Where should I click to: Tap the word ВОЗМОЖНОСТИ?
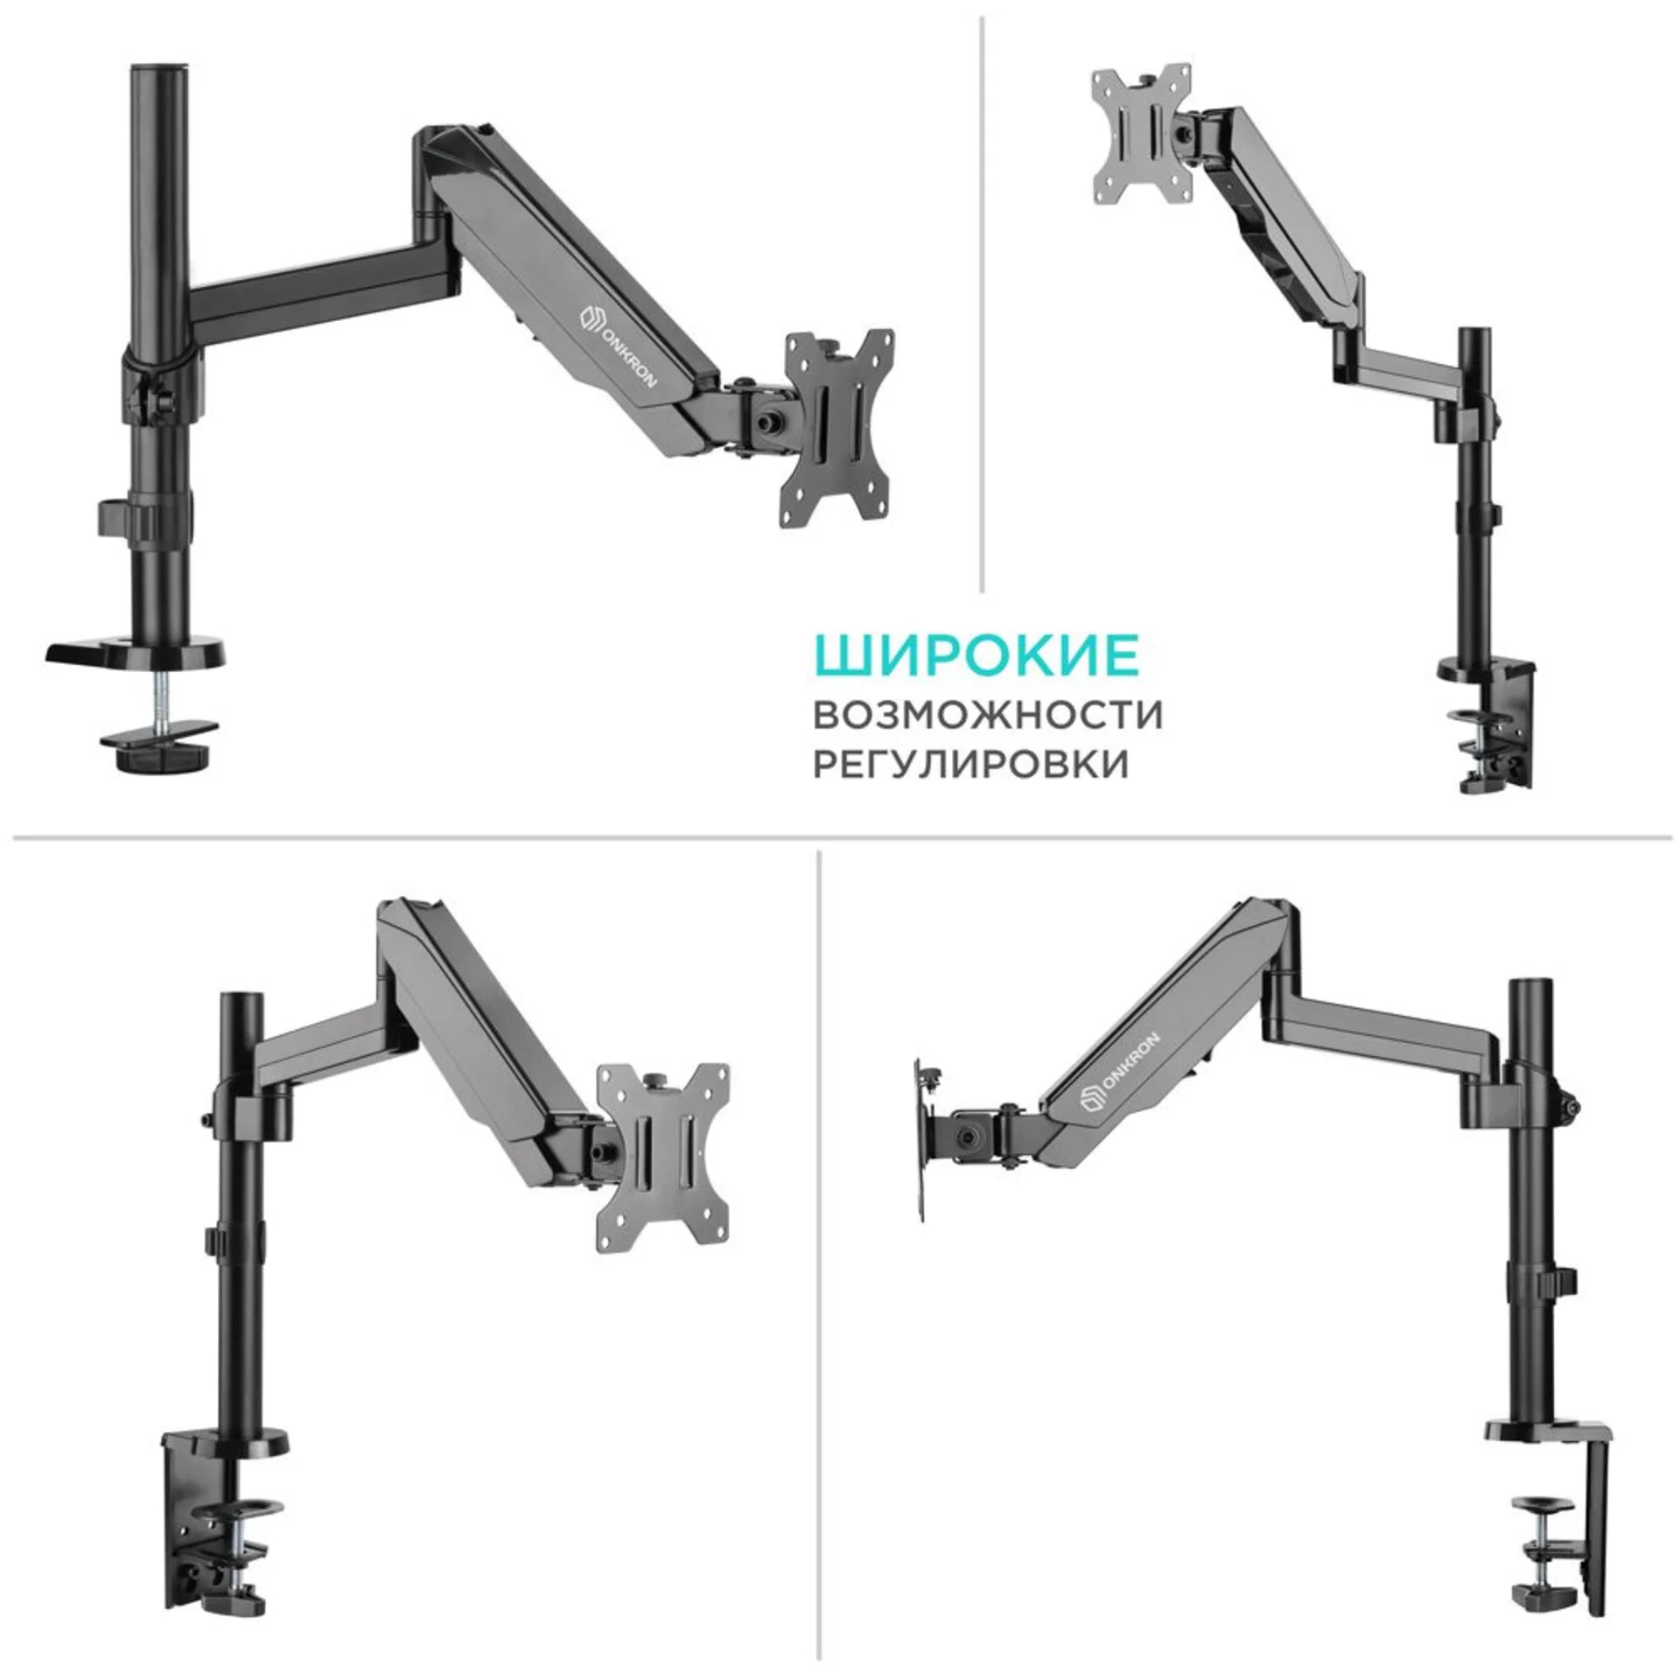point(988,714)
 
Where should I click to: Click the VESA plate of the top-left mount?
point(839,429)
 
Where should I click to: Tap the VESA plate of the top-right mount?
point(1142,134)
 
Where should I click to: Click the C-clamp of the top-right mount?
point(1494,723)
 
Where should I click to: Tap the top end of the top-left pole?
point(159,68)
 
